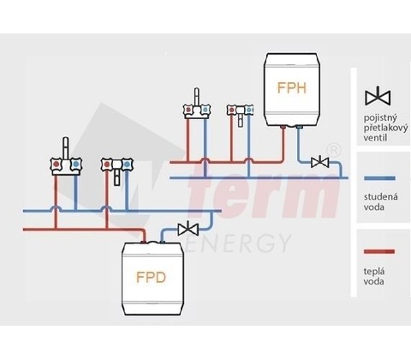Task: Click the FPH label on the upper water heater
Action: pyautogui.click(x=292, y=87)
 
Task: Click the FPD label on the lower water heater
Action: pyautogui.click(x=151, y=277)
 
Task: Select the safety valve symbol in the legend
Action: pyautogui.click(x=378, y=96)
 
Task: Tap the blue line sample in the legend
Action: pyautogui.click(x=379, y=178)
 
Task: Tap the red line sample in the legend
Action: pyautogui.click(x=379, y=251)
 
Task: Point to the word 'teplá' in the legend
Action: pyautogui.click(x=374, y=272)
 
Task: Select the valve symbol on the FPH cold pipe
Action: pyautogui.click(x=320, y=162)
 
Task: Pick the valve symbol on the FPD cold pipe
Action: pyautogui.click(x=188, y=228)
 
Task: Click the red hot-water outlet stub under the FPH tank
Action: pyautogui.click(x=283, y=127)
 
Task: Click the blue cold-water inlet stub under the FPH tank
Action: pyautogui.click(x=299, y=127)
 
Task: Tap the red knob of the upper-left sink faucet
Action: pyautogui.click(x=188, y=110)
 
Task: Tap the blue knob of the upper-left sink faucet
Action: pyautogui.click(x=205, y=110)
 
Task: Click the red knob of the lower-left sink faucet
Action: pyautogui.click(x=57, y=164)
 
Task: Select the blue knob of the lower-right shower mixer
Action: pyautogui.click(x=126, y=165)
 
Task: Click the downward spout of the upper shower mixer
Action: pyautogui.click(x=241, y=119)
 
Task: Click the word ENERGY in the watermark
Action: pyautogui.click(x=237, y=243)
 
